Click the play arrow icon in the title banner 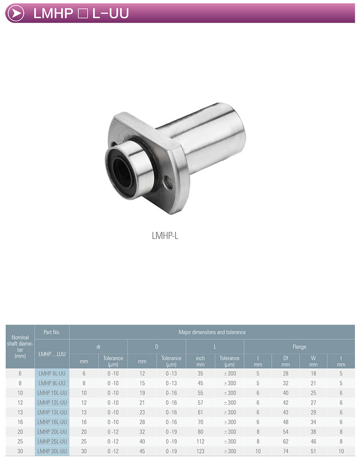[x=15, y=13]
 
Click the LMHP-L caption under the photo [x=165, y=236]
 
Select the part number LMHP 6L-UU [x=52, y=373]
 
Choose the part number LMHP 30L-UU [x=52, y=451]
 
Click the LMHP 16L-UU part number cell [x=52, y=422]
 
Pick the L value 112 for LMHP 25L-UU [x=200, y=441]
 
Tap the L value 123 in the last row [x=200, y=451]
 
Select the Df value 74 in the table [x=286, y=451]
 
